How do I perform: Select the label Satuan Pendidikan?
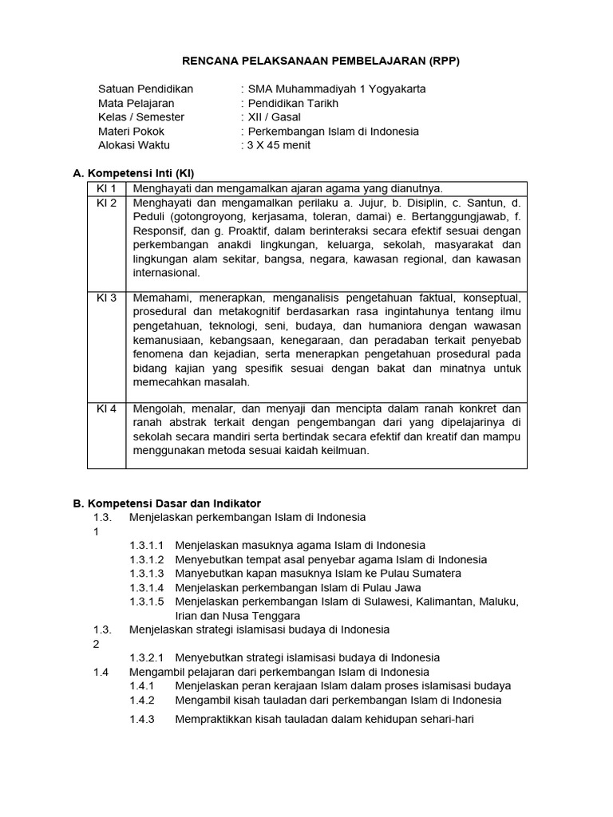[145, 89]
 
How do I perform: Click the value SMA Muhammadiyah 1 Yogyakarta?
[337, 89]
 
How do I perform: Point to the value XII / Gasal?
[275, 117]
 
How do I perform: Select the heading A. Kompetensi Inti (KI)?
[133, 172]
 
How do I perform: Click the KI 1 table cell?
[106, 188]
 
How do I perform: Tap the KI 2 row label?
[106, 203]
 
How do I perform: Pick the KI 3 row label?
[106, 298]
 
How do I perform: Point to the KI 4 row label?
[106, 408]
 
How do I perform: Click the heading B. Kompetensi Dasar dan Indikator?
[167, 503]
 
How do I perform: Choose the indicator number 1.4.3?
[141, 719]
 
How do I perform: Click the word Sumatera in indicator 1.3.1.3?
[437, 573]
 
